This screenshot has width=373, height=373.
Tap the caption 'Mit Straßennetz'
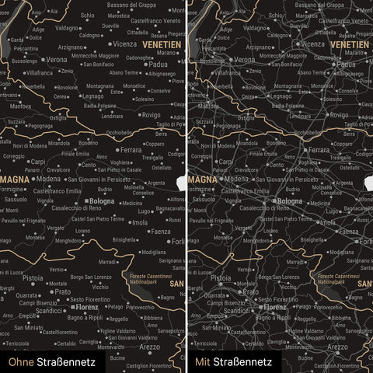click(x=233, y=361)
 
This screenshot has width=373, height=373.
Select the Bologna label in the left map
click(x=102, y=201)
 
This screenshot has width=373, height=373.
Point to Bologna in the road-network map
click(x=290, y=201)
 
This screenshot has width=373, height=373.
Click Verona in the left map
click(x=56, y=60)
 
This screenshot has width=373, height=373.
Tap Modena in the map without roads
click(x=48, y=179)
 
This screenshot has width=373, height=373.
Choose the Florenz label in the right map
click(x=274, y=307)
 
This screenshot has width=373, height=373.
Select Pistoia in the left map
click(x=33, y=277)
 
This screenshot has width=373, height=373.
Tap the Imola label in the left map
click(x=140, y=222)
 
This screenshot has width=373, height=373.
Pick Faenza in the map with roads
click(x=349, y=232)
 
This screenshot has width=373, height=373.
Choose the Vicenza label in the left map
click(x=124, y=44)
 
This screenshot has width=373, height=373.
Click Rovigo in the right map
click(x=339, y=115)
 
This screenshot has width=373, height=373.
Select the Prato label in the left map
click(x=61, y=292)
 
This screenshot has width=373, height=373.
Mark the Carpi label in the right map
click(x=227, y=162)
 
